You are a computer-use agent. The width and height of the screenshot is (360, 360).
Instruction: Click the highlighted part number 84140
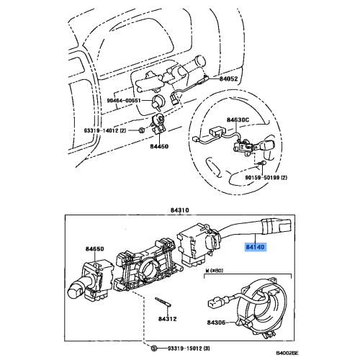coord(256,247)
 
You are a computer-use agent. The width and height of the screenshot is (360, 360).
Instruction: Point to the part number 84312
coord(168,318)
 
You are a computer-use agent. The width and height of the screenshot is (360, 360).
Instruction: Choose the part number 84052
coord(229,78)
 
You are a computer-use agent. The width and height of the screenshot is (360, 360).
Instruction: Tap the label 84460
coord(159,145)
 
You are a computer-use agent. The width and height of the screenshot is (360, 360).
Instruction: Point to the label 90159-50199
coord(263,176)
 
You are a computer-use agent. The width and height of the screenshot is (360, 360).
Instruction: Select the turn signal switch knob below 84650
coord(76,289)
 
